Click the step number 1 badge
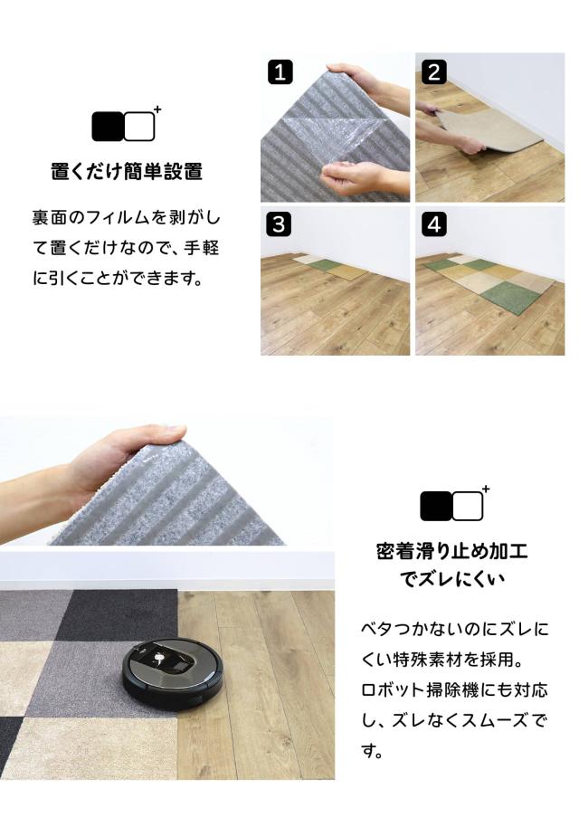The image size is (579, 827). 280,71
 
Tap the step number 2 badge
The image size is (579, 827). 434,71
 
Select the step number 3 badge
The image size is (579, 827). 280,224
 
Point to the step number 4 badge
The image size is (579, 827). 434,224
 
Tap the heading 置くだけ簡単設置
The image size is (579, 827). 127,172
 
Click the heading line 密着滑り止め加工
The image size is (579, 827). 452,551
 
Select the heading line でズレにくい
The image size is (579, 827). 452,579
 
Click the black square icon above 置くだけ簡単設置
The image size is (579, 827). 108,126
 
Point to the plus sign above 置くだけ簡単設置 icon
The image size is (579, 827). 157,109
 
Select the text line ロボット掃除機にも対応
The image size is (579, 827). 454,689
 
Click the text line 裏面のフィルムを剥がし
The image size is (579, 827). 126,217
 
